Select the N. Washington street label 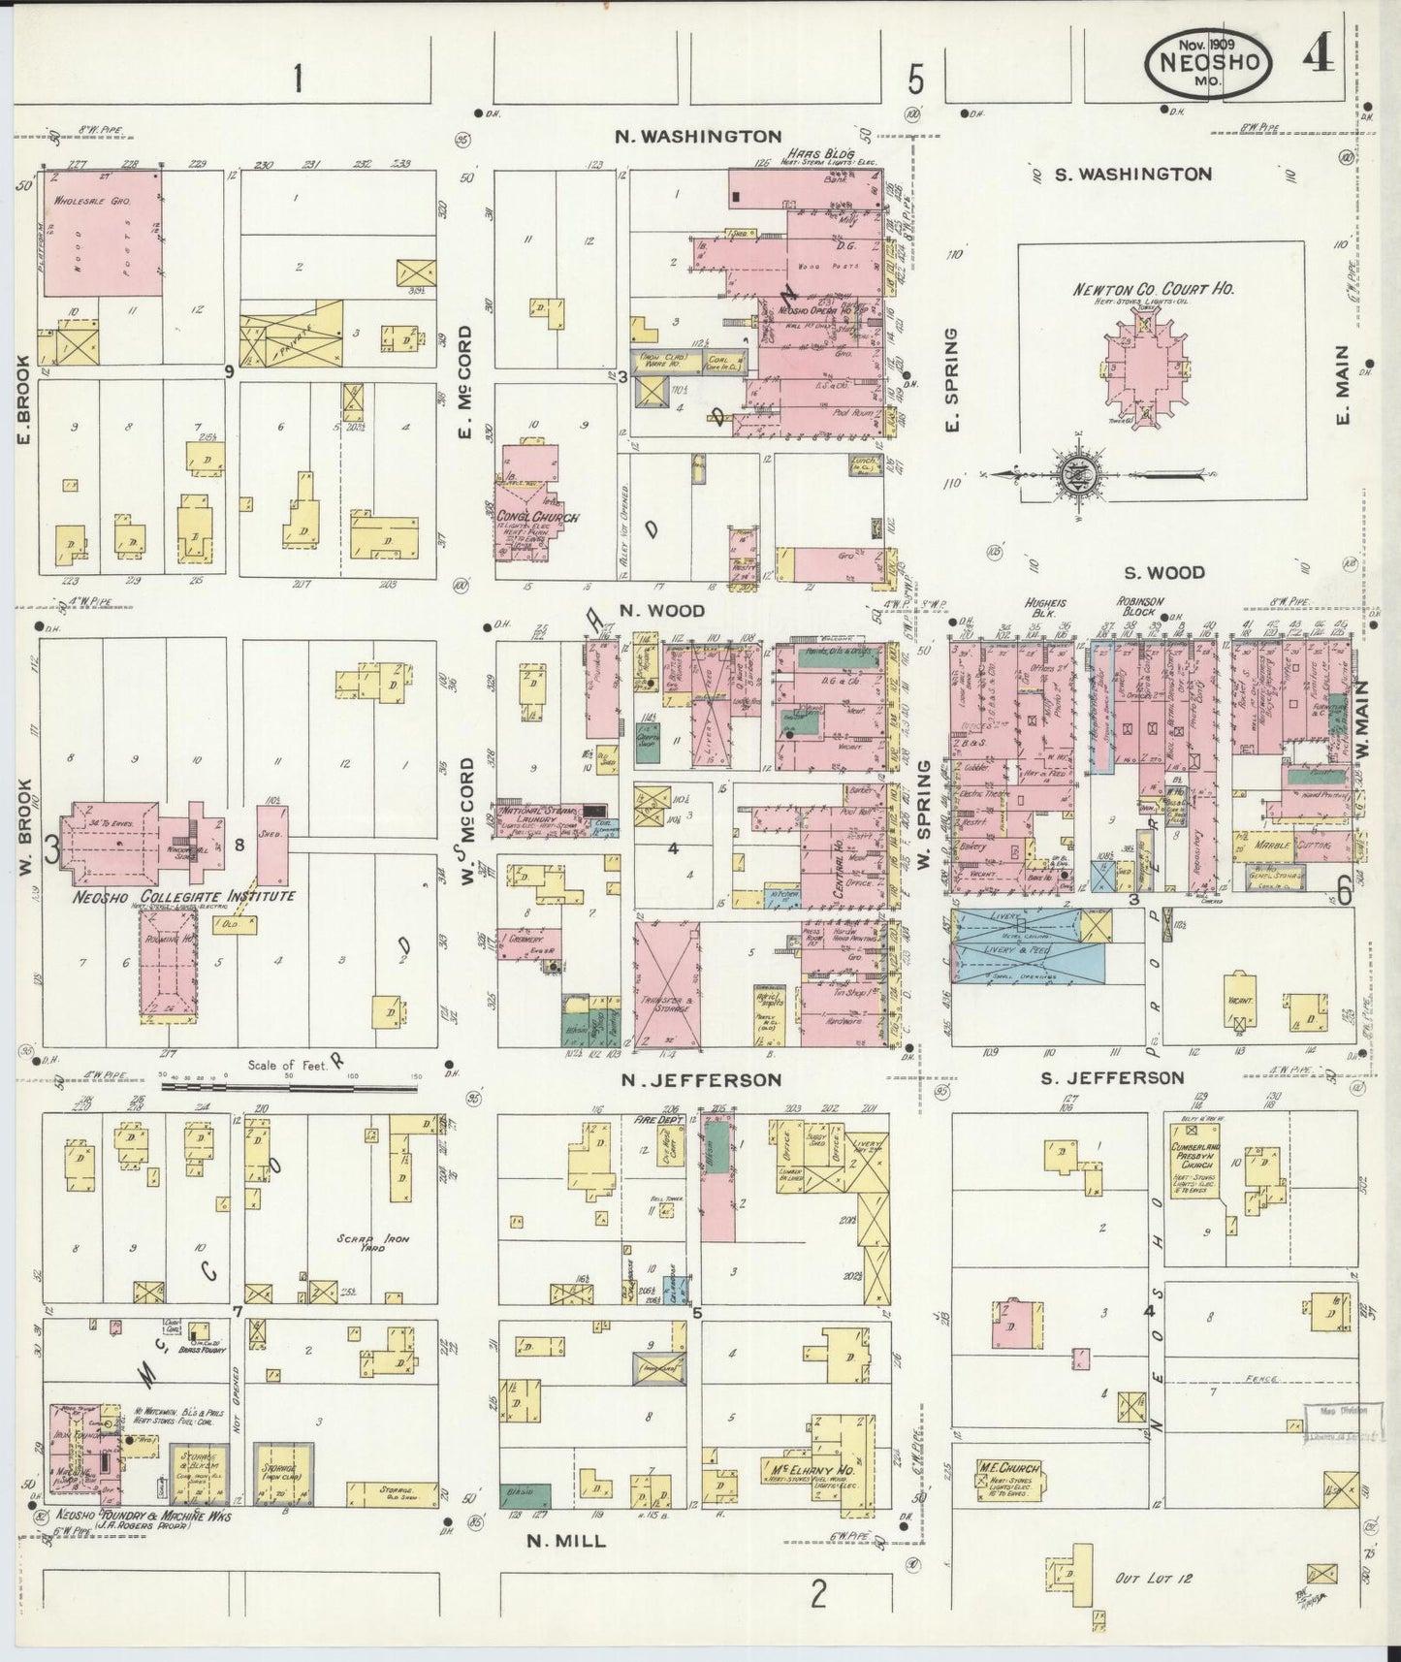698,136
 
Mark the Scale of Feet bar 288,1087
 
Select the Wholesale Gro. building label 99,201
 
